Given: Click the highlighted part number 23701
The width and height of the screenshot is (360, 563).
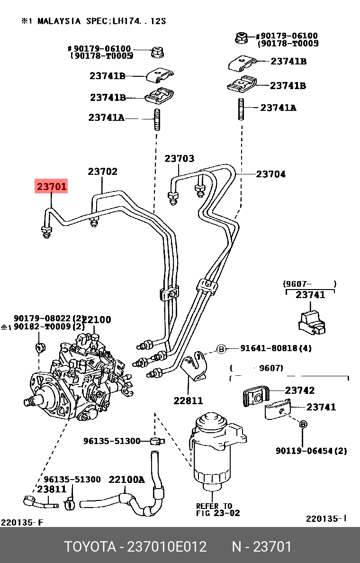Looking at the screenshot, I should [52, 187].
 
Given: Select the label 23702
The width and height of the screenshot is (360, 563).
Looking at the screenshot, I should [102, 172].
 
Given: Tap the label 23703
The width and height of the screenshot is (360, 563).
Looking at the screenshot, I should [180, 159].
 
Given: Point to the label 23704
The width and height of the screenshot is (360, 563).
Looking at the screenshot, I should [270, 174].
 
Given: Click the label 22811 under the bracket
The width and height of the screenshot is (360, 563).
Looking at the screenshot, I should [188, 400].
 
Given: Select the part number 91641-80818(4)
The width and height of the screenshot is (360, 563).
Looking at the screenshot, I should [276, 348].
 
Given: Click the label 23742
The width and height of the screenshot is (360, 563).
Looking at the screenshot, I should [299, 390].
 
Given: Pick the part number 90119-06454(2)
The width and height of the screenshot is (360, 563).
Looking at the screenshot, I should [311, 451].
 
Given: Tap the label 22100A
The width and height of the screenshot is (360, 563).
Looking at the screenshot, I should [126, 480].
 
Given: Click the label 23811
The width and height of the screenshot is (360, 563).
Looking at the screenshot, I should [52, 489].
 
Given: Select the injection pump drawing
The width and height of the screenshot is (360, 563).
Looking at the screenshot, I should [78, 379].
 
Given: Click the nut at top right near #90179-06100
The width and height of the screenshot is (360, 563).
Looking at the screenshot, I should [242, 37].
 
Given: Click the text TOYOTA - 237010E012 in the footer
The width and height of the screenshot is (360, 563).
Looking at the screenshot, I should [135, 547].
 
